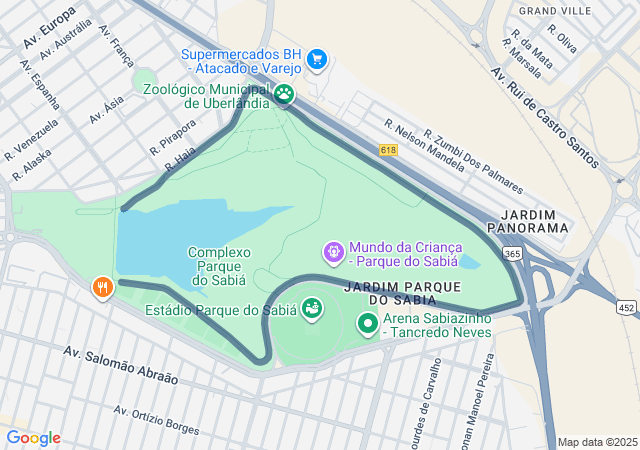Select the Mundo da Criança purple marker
(x=333, y=254)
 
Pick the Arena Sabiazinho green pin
(x=367, y=324)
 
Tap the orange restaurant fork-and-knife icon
(x=101, y=289)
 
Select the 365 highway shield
(x=511, y=254)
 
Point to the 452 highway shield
(x=626, y=306)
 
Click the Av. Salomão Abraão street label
(x=120, y=366)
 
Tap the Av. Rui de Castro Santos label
(x=545, y=118)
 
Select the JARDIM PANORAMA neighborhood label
(x=535, y=221)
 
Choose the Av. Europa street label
(x=46, y=27)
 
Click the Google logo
(x=33, y=438)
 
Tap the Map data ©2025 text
(x=597, y=442)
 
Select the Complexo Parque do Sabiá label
(x=219, y=266)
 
